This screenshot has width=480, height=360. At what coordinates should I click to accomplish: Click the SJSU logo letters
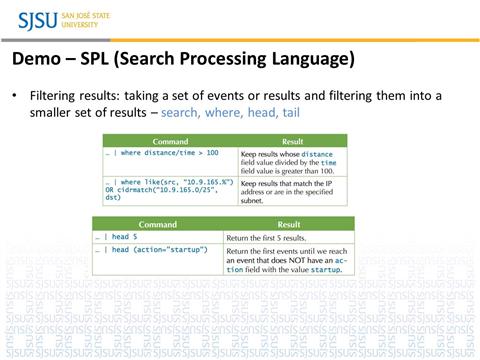(37, 19)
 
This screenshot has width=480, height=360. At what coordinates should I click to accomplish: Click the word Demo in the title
(35, 59)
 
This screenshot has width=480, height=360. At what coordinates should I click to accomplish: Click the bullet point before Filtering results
(14, 95)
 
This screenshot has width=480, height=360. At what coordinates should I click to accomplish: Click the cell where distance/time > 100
(164, 153)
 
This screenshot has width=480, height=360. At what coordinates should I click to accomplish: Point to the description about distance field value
(292, 161)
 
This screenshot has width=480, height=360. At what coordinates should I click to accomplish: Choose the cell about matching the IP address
(292, 190)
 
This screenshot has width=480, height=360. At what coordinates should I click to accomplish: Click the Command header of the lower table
(157, 225)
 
